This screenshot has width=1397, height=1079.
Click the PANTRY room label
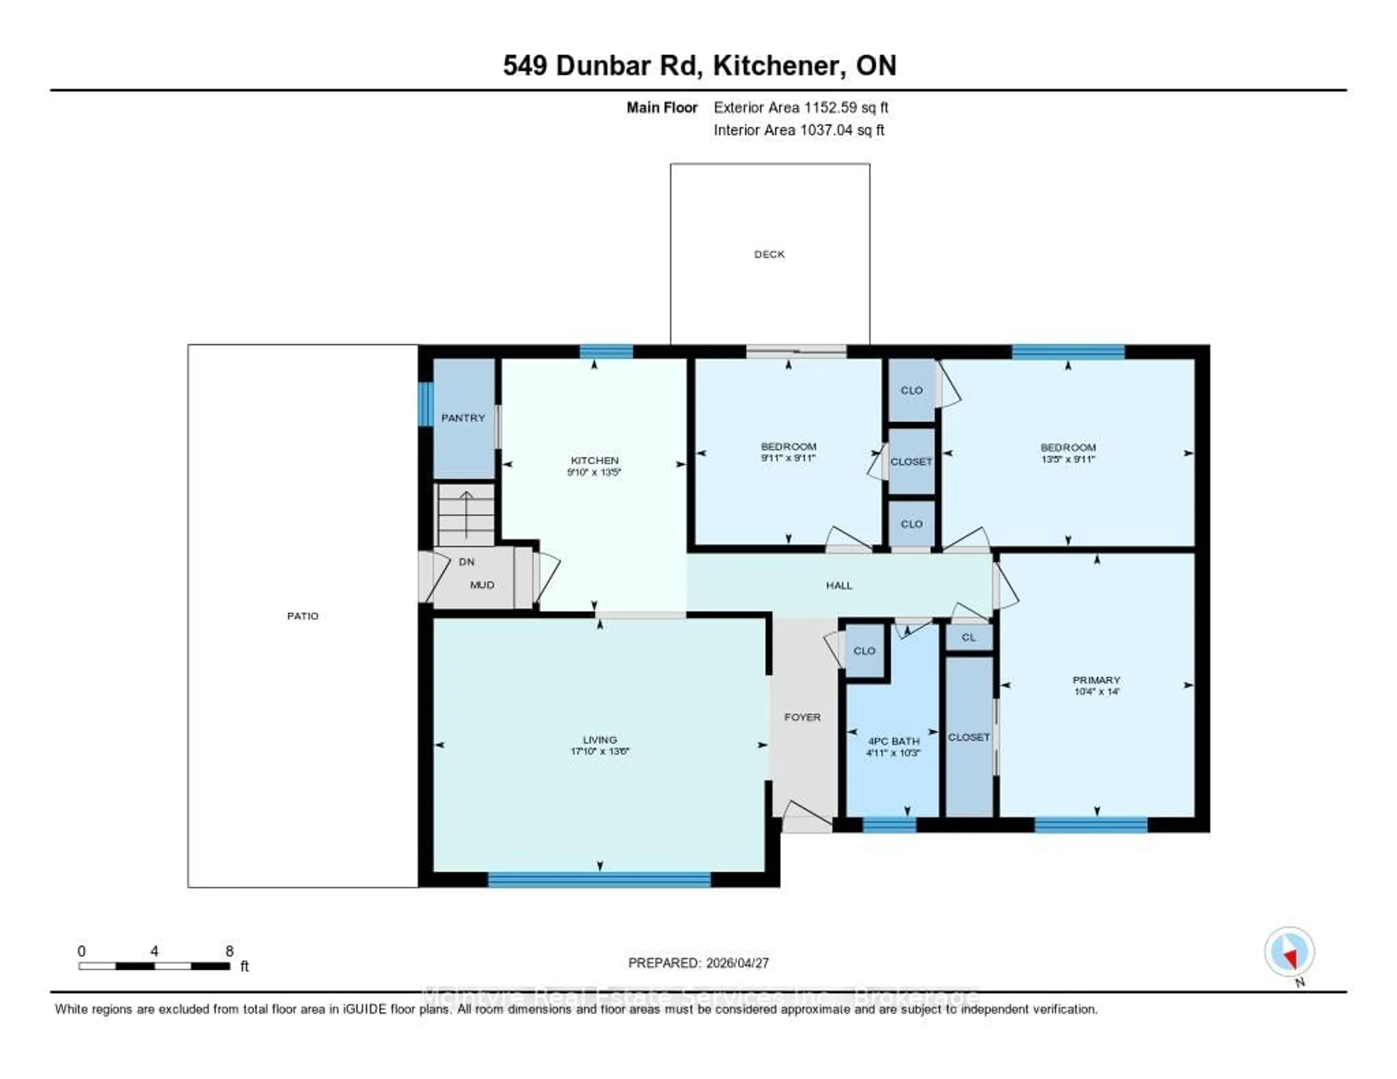pos(463,418)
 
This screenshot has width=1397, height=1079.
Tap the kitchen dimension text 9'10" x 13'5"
pos(594,473)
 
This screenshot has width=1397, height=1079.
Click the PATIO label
pos(303,616)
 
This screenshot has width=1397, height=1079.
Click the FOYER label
pos(802,717)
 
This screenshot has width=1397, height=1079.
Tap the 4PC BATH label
pos(893,741)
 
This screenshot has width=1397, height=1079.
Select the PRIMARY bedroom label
pos(1096,680)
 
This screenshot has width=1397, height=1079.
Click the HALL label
pos(839,585)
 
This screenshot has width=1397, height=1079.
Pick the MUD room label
pos(482,585)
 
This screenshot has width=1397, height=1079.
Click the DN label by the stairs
pos(466,562)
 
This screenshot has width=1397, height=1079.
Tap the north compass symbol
pos(1289,952)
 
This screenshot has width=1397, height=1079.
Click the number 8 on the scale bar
pos(230,951)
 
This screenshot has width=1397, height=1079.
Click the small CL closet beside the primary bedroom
pos(968,637)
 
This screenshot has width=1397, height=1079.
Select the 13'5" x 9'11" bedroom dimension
pos(1068,459)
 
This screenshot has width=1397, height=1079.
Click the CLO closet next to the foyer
pos(864,650)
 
